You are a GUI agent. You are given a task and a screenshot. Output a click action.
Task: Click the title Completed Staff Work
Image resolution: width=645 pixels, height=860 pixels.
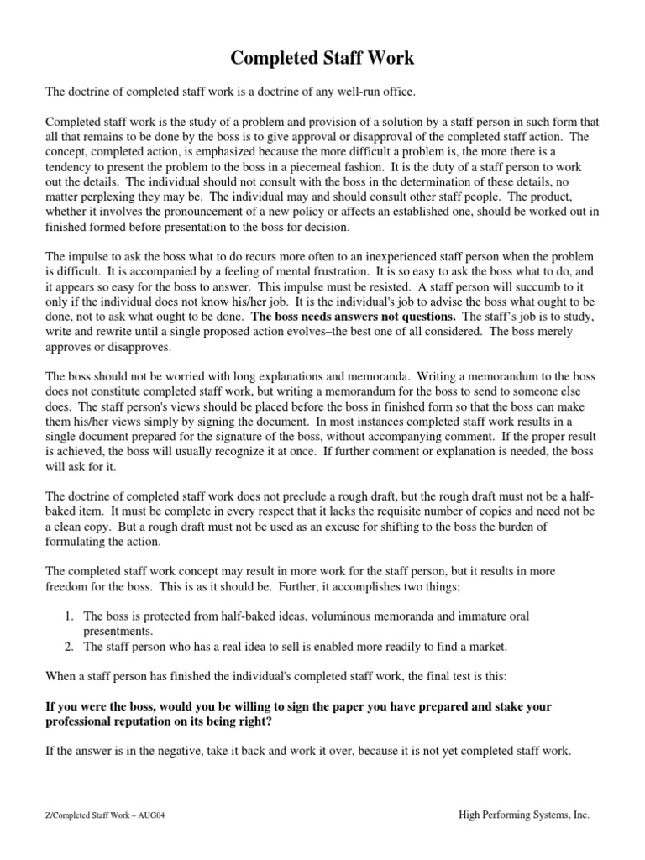[322, 58]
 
